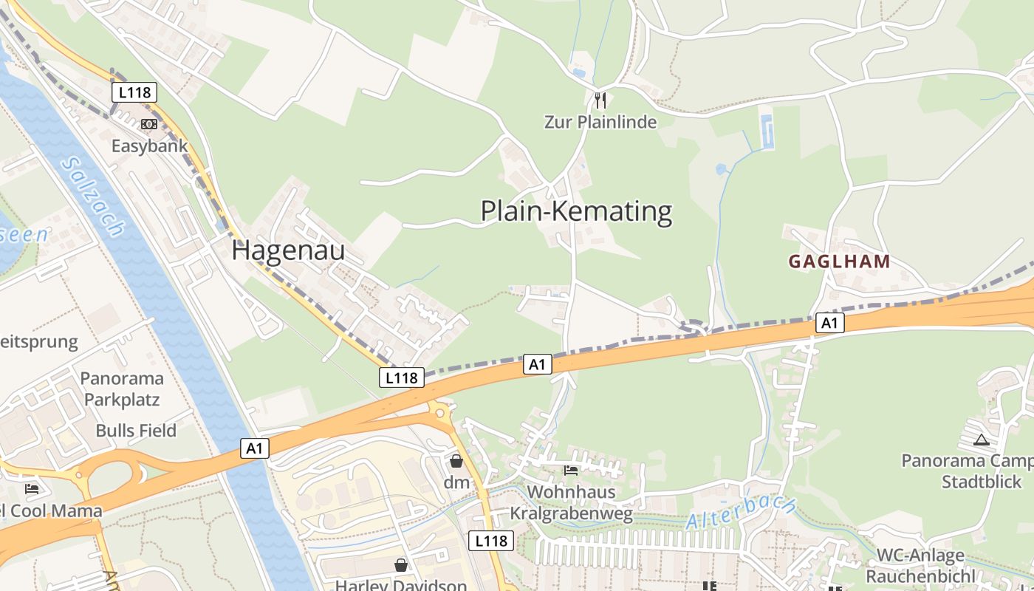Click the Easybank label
(x=150, y=146)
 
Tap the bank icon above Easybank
(x=149, y=123)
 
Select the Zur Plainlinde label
(x=600, y=122)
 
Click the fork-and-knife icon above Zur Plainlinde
(x=600, y=100)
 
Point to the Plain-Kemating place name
(x=576, y=211)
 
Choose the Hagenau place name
(x=288, y=250)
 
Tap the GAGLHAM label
(x=839, y=262)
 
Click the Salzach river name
(x=93, y=197)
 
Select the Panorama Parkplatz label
(x=122, y=389)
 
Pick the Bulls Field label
(x=136, y=431)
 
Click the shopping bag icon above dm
(x=456, y=461)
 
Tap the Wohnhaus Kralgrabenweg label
(x=572, y=503)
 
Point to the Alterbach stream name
(x=740, y=512)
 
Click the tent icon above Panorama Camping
(x=981, y=440)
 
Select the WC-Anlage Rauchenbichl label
(x=920, y=566)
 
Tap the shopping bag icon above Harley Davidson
(x=401, y=565)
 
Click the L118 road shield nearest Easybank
(x=134, y=92)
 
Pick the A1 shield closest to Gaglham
(x=830, y=322)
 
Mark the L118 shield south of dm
(x=491, y=541)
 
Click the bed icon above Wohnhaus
(x=571, y=470)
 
